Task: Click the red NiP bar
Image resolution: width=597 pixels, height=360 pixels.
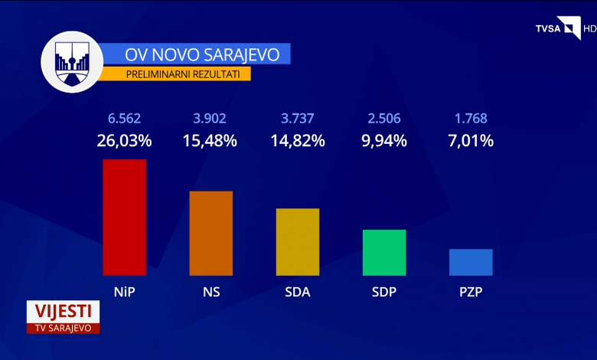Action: tap(124, 218)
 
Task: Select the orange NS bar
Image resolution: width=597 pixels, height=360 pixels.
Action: tap(210, 233)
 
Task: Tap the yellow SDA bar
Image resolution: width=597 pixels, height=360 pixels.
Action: tap(298, 242)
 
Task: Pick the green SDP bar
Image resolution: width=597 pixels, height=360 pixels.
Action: tap(384, 252)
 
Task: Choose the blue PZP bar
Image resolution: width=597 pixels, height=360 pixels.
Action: tap(471, 262)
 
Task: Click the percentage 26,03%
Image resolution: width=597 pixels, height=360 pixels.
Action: tap(124, 141)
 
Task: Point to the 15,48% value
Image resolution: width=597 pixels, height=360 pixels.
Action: tap(210, 141)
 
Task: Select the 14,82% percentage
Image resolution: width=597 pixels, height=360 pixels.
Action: tap(298, 141)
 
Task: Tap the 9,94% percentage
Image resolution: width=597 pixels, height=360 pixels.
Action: tap(384, 141)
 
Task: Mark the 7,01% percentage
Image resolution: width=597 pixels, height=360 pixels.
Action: tap(471, 141)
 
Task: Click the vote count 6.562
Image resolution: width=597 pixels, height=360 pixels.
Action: tap(124, 119)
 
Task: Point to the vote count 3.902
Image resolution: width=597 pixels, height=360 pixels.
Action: tap(210, 119)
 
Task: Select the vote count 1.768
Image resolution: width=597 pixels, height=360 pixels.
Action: tap(471, 119)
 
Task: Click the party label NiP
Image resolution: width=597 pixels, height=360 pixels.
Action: tap(124, 291)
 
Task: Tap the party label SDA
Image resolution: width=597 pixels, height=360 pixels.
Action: tap(298, 291)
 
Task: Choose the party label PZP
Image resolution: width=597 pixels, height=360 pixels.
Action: tap(471, 291)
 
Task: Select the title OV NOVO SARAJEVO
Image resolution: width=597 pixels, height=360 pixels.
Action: tap(197, 54)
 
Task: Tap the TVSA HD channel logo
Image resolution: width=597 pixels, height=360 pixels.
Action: tap(566, 28)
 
